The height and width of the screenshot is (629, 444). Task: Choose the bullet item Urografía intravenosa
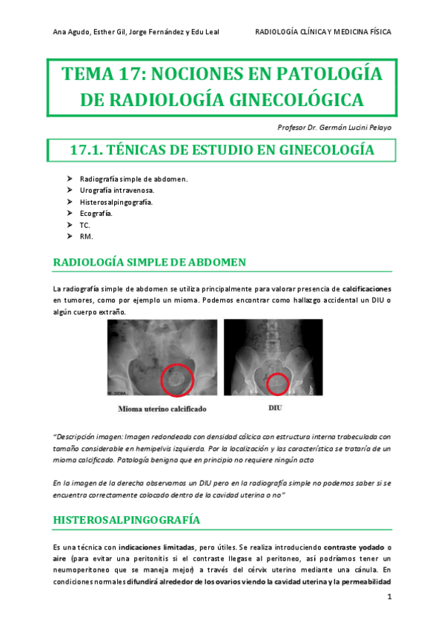click(x=117, y=191)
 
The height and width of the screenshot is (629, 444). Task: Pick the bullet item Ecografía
click(x=96, y=213)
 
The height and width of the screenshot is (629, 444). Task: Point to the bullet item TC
click(x=85, y=224)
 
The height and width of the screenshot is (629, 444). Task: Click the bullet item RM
click(x=85, y=236)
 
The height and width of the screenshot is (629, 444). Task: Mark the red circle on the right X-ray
click(x=277, y=383)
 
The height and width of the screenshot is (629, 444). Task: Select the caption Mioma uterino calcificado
click(x=162, y=409)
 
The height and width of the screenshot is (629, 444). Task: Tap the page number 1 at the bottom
click(x=389, y=597)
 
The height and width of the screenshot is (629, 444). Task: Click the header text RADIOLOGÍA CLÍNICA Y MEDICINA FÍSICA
click(x=322, y=32)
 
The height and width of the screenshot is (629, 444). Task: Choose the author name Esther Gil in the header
click(x=108, y=32)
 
